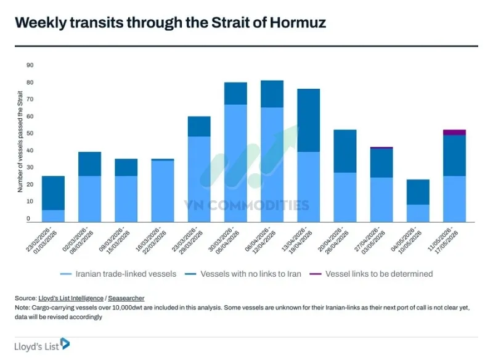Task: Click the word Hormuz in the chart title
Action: click(x=298, y=22)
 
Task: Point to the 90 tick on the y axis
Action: click(x=30, y=65)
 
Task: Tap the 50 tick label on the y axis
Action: click(x=30, y=134)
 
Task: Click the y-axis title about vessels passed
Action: click(x=20, y=142)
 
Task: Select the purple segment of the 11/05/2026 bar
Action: click(x=454, y=133)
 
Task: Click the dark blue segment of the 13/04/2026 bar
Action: click(x=309, y=120)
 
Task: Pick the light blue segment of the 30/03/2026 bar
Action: click(x=235, y=163)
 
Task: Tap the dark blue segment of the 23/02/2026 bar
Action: click(x=53, y=193)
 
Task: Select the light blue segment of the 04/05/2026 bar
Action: click(x=418, y=213)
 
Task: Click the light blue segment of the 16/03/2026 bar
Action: click(x=163, y=191)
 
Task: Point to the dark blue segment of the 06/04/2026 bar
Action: click(x=272, y=94)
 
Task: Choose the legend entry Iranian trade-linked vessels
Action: click(x=118, y=274)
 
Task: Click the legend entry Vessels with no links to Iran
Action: click(x=243, y=274)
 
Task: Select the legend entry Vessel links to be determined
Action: click(x=372, y=274)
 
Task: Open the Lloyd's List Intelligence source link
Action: click(x=71, y=298)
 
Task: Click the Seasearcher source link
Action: click(x=126, y=298)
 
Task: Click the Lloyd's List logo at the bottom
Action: click(x=42, y=345)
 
